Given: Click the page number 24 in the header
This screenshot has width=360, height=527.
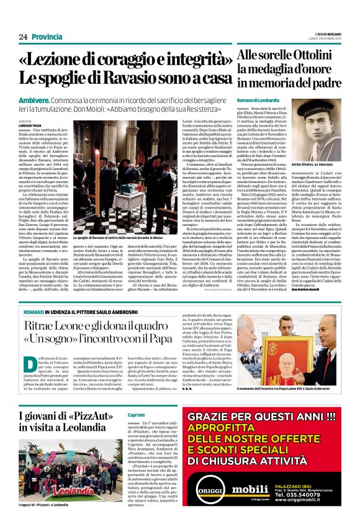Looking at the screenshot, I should click(23, 37).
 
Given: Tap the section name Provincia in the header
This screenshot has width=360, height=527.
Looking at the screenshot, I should click(47, 37).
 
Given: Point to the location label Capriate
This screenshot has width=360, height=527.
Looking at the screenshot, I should click(136, 415).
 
